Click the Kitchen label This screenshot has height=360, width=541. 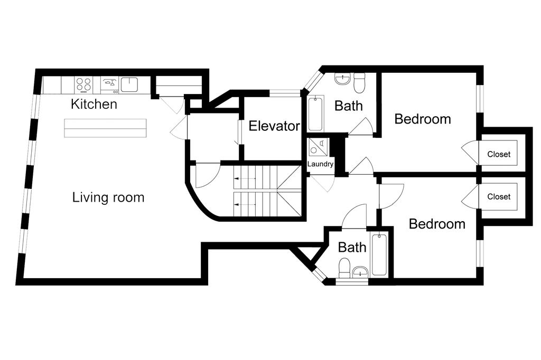click(x=94, y=104)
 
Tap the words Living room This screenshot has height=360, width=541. click(x=108, y=197)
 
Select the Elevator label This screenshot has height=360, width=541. click(x=274, y=126)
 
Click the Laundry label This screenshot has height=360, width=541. click(x=321, y=164)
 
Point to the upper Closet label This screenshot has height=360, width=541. click(x=499, y=154)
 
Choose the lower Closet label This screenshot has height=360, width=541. click(x=499, y=196)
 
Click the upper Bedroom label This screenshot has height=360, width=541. click(x=423, y=119)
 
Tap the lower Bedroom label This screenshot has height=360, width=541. click(x=437, y=224)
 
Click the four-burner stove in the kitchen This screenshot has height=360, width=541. click(x=85, y=84)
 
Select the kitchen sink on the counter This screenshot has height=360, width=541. click(x=129, y=84)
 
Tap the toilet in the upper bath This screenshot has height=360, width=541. click(x=360, y=83)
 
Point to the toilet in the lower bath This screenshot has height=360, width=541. click(x=344, y=268)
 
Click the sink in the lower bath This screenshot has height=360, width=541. click(x=360, y=272)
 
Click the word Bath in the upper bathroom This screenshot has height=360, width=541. click(x=349, y=106)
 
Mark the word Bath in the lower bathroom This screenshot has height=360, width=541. click(x=352, y=247)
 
